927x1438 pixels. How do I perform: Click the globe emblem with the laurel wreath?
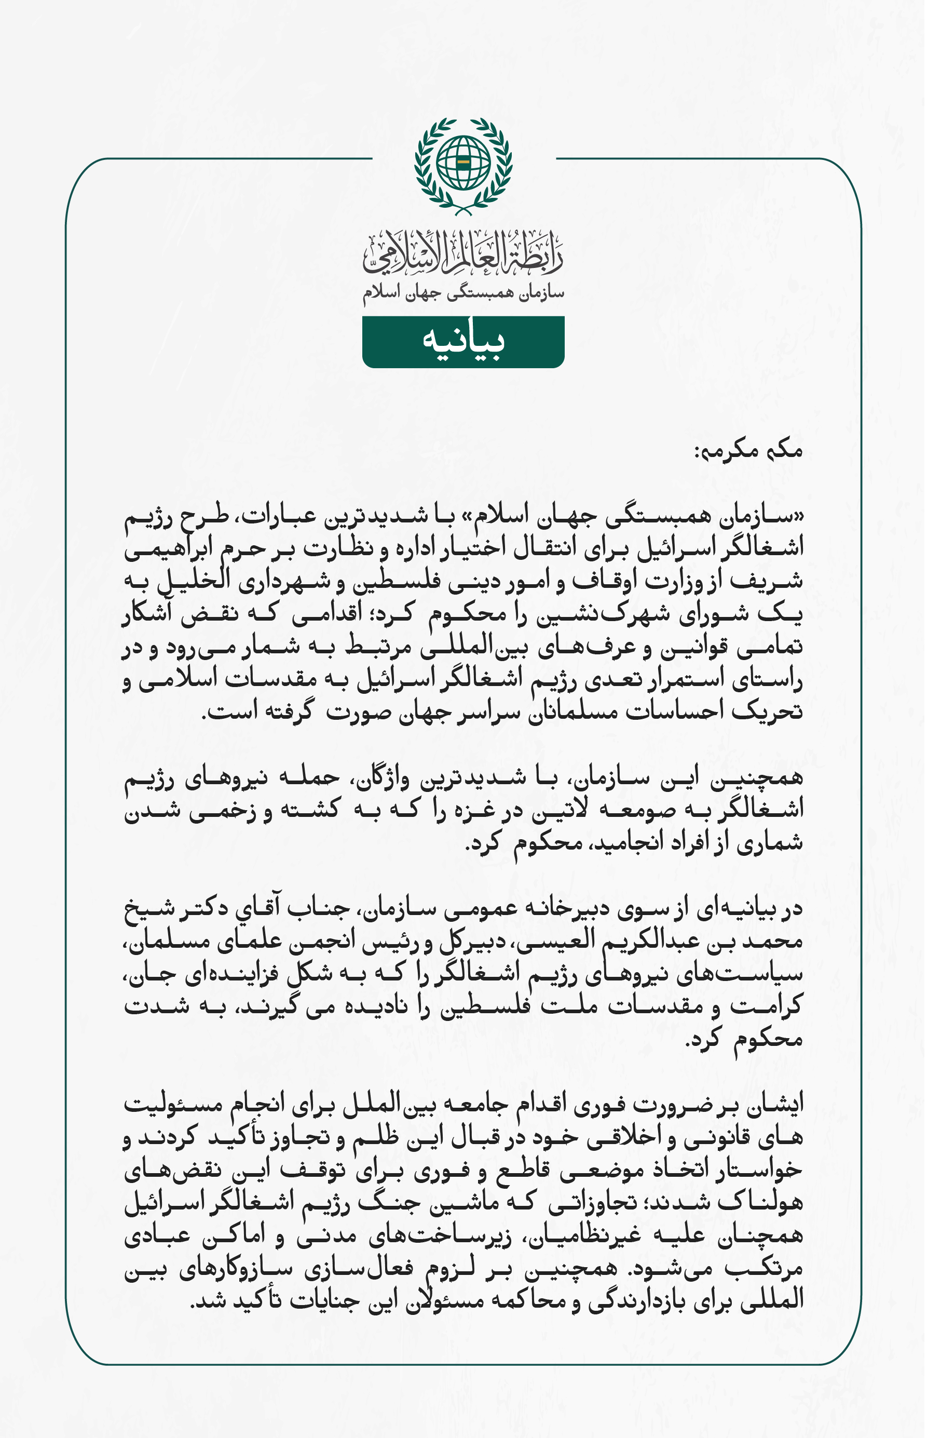point(463,166)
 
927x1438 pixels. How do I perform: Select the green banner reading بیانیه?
point(463,341)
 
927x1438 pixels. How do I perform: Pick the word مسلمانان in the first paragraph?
point(575,713)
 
